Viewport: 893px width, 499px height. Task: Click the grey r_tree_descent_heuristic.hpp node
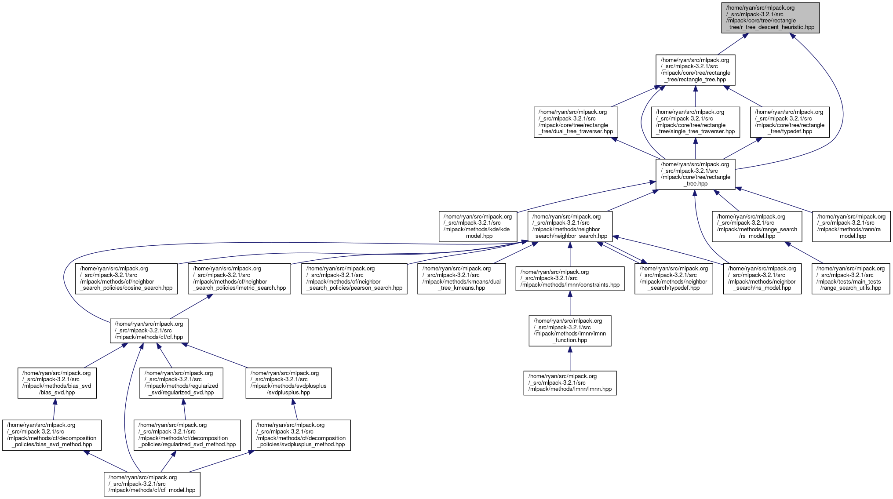(x=770, y=18)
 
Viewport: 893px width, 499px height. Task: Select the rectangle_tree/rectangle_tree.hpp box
(x=695, y=70)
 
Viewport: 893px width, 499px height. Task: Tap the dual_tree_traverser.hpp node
(x=576, y=122)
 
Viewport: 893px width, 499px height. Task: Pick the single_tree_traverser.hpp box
(x=695, y=122)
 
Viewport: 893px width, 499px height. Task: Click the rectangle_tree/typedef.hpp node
(x=789, y=122)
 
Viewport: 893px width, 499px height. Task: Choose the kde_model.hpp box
(x=477, y=226)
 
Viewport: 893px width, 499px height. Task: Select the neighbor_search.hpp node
(x=570, y=226)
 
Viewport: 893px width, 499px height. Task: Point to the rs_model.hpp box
(x=757, y=226)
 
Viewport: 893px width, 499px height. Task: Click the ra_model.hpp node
(x=851, y=226)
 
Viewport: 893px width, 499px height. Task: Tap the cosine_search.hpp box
(x=126, y=278)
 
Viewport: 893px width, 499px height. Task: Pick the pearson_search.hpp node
(x=354, y=278)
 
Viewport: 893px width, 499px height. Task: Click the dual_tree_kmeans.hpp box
(x=461, y=278)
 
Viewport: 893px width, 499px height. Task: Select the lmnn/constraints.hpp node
(x=570, y=278)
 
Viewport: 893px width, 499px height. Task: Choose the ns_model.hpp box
(x=762, y=278)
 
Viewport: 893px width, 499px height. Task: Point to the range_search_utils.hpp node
(x=850, y=278)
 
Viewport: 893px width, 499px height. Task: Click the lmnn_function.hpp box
(x=570, y=331)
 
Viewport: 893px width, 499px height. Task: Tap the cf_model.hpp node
(x=152, y=484)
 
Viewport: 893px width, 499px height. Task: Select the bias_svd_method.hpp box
(x=51, y=435)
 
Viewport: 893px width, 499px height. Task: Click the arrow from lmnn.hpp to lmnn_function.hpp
(x=570, y=358)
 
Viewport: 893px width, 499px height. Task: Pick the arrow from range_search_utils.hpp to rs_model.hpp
(x=804, y=252)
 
